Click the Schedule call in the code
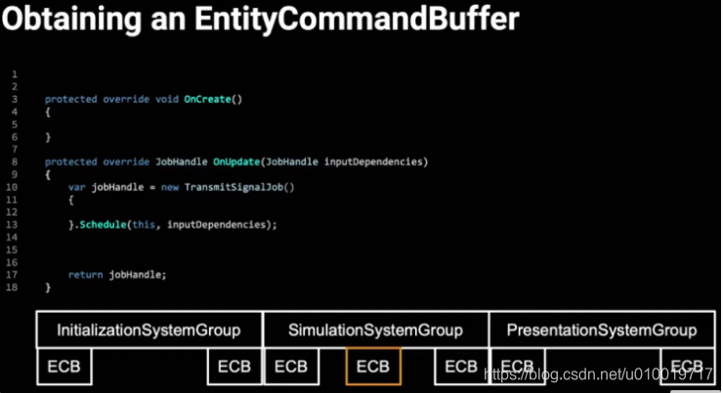coord(104,225)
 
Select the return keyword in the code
coord(85,275)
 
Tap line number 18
coord(12,287)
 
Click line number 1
coord(15,74)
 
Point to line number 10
coord(12,187)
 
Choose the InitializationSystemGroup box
coord(148,330)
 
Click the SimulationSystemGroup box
coord(375,330)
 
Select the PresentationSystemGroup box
coord(601,330)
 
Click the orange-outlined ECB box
coord(373,367)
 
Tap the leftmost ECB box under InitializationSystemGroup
coord(64,367)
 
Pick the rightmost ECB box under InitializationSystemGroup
coord(234,367)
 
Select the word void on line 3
coord(167,100)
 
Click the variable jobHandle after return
coord(137,275)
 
